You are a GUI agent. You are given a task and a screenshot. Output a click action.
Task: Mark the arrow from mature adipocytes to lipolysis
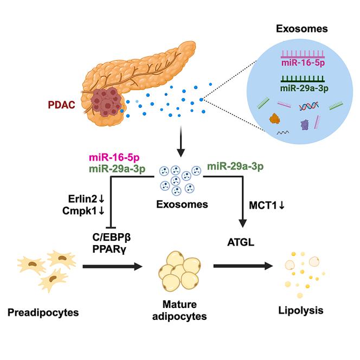pyautogui.click(x=241, y=266)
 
